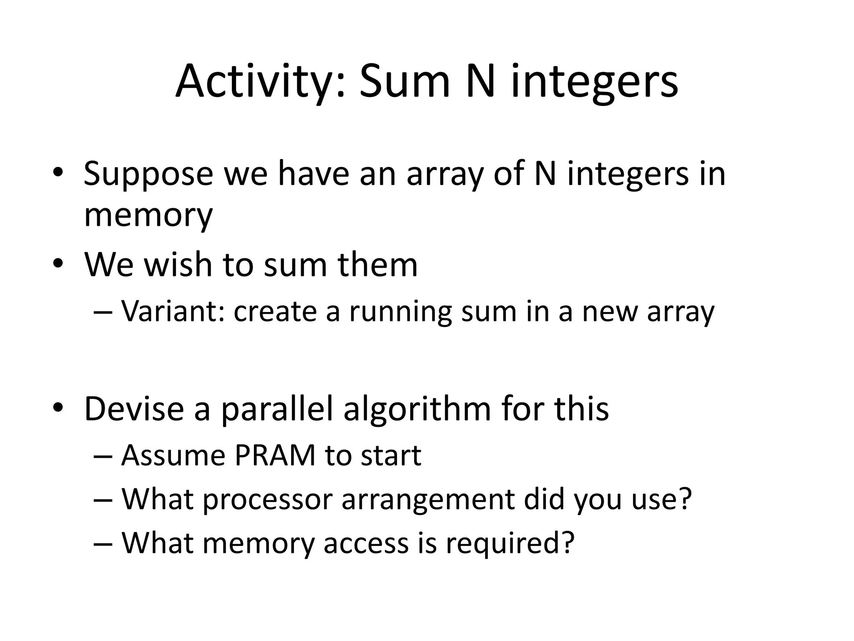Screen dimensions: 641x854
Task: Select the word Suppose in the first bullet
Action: click(x=148, y=174)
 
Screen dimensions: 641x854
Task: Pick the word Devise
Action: click(x=134, y=409)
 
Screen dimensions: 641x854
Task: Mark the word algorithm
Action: click(x=417, y=409)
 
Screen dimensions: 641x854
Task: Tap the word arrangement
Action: click(x=428, y=500)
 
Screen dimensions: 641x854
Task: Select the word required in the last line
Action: click(x=510, y=543)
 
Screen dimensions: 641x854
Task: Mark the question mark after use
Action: click(x=684, y=500)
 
